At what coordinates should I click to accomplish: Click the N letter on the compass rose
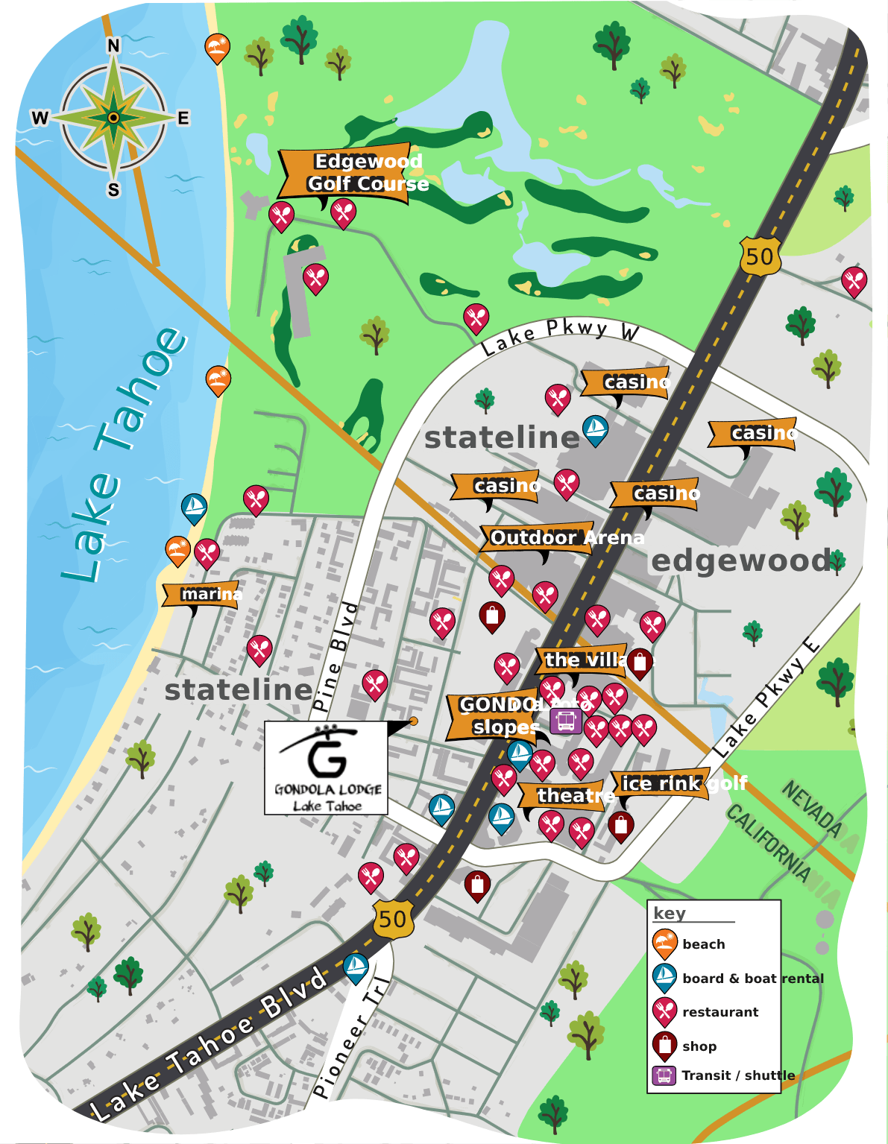click(113, 46)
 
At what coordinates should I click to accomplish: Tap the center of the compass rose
click(113, 118)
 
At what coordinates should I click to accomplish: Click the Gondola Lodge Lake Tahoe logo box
click(326, 768)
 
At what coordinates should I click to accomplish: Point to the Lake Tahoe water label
click(124, 455)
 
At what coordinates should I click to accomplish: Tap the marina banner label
click(201, 594)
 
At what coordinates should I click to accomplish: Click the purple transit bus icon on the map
click(566, 721)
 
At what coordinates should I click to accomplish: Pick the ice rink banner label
click(661, 783)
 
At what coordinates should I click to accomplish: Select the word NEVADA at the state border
click(813, 809)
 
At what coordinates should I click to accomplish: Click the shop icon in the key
click(664, 1046)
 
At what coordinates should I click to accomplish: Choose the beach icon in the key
click(664, 944)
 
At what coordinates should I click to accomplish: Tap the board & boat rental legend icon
click(664, 978)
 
